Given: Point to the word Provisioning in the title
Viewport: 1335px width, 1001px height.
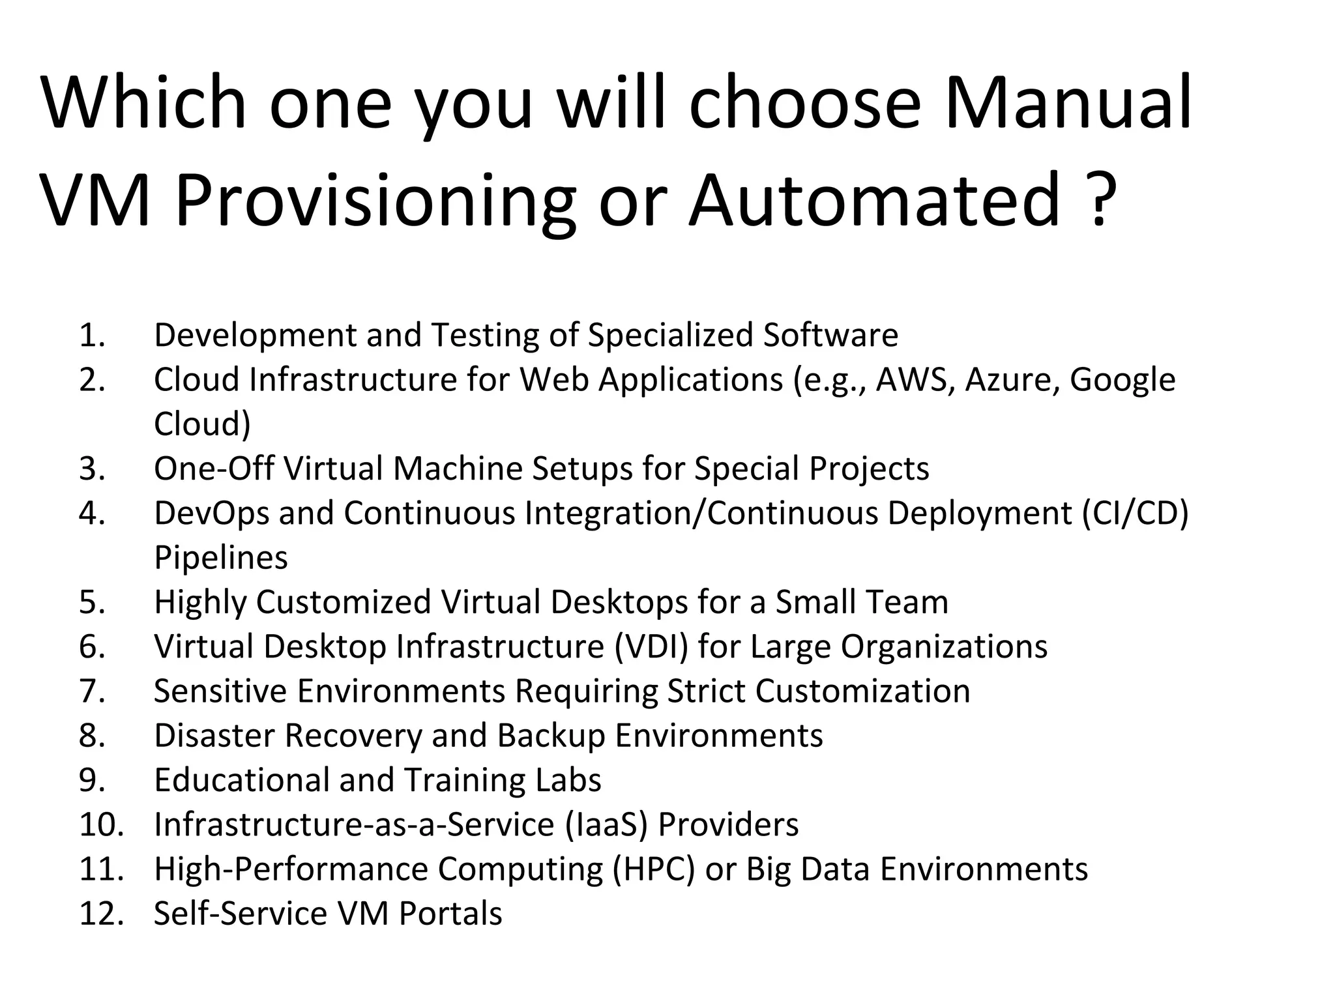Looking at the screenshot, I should tap(375, 202).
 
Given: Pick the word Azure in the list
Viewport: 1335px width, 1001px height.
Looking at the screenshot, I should tap(1012, 380).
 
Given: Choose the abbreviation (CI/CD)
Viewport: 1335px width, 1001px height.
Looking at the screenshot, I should tap(1136, 514).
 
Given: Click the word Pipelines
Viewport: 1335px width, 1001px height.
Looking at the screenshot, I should tap(220, 559).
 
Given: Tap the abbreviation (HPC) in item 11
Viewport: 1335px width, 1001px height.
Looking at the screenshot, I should tap(654, 869).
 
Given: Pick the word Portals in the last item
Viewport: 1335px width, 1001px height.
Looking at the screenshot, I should tap(450, 914).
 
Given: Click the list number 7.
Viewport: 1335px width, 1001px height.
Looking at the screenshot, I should tap(92, 691).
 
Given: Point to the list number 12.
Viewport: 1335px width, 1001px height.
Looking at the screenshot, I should tap(101, 914).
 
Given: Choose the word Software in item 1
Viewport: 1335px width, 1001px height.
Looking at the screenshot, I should tap(830, 336).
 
